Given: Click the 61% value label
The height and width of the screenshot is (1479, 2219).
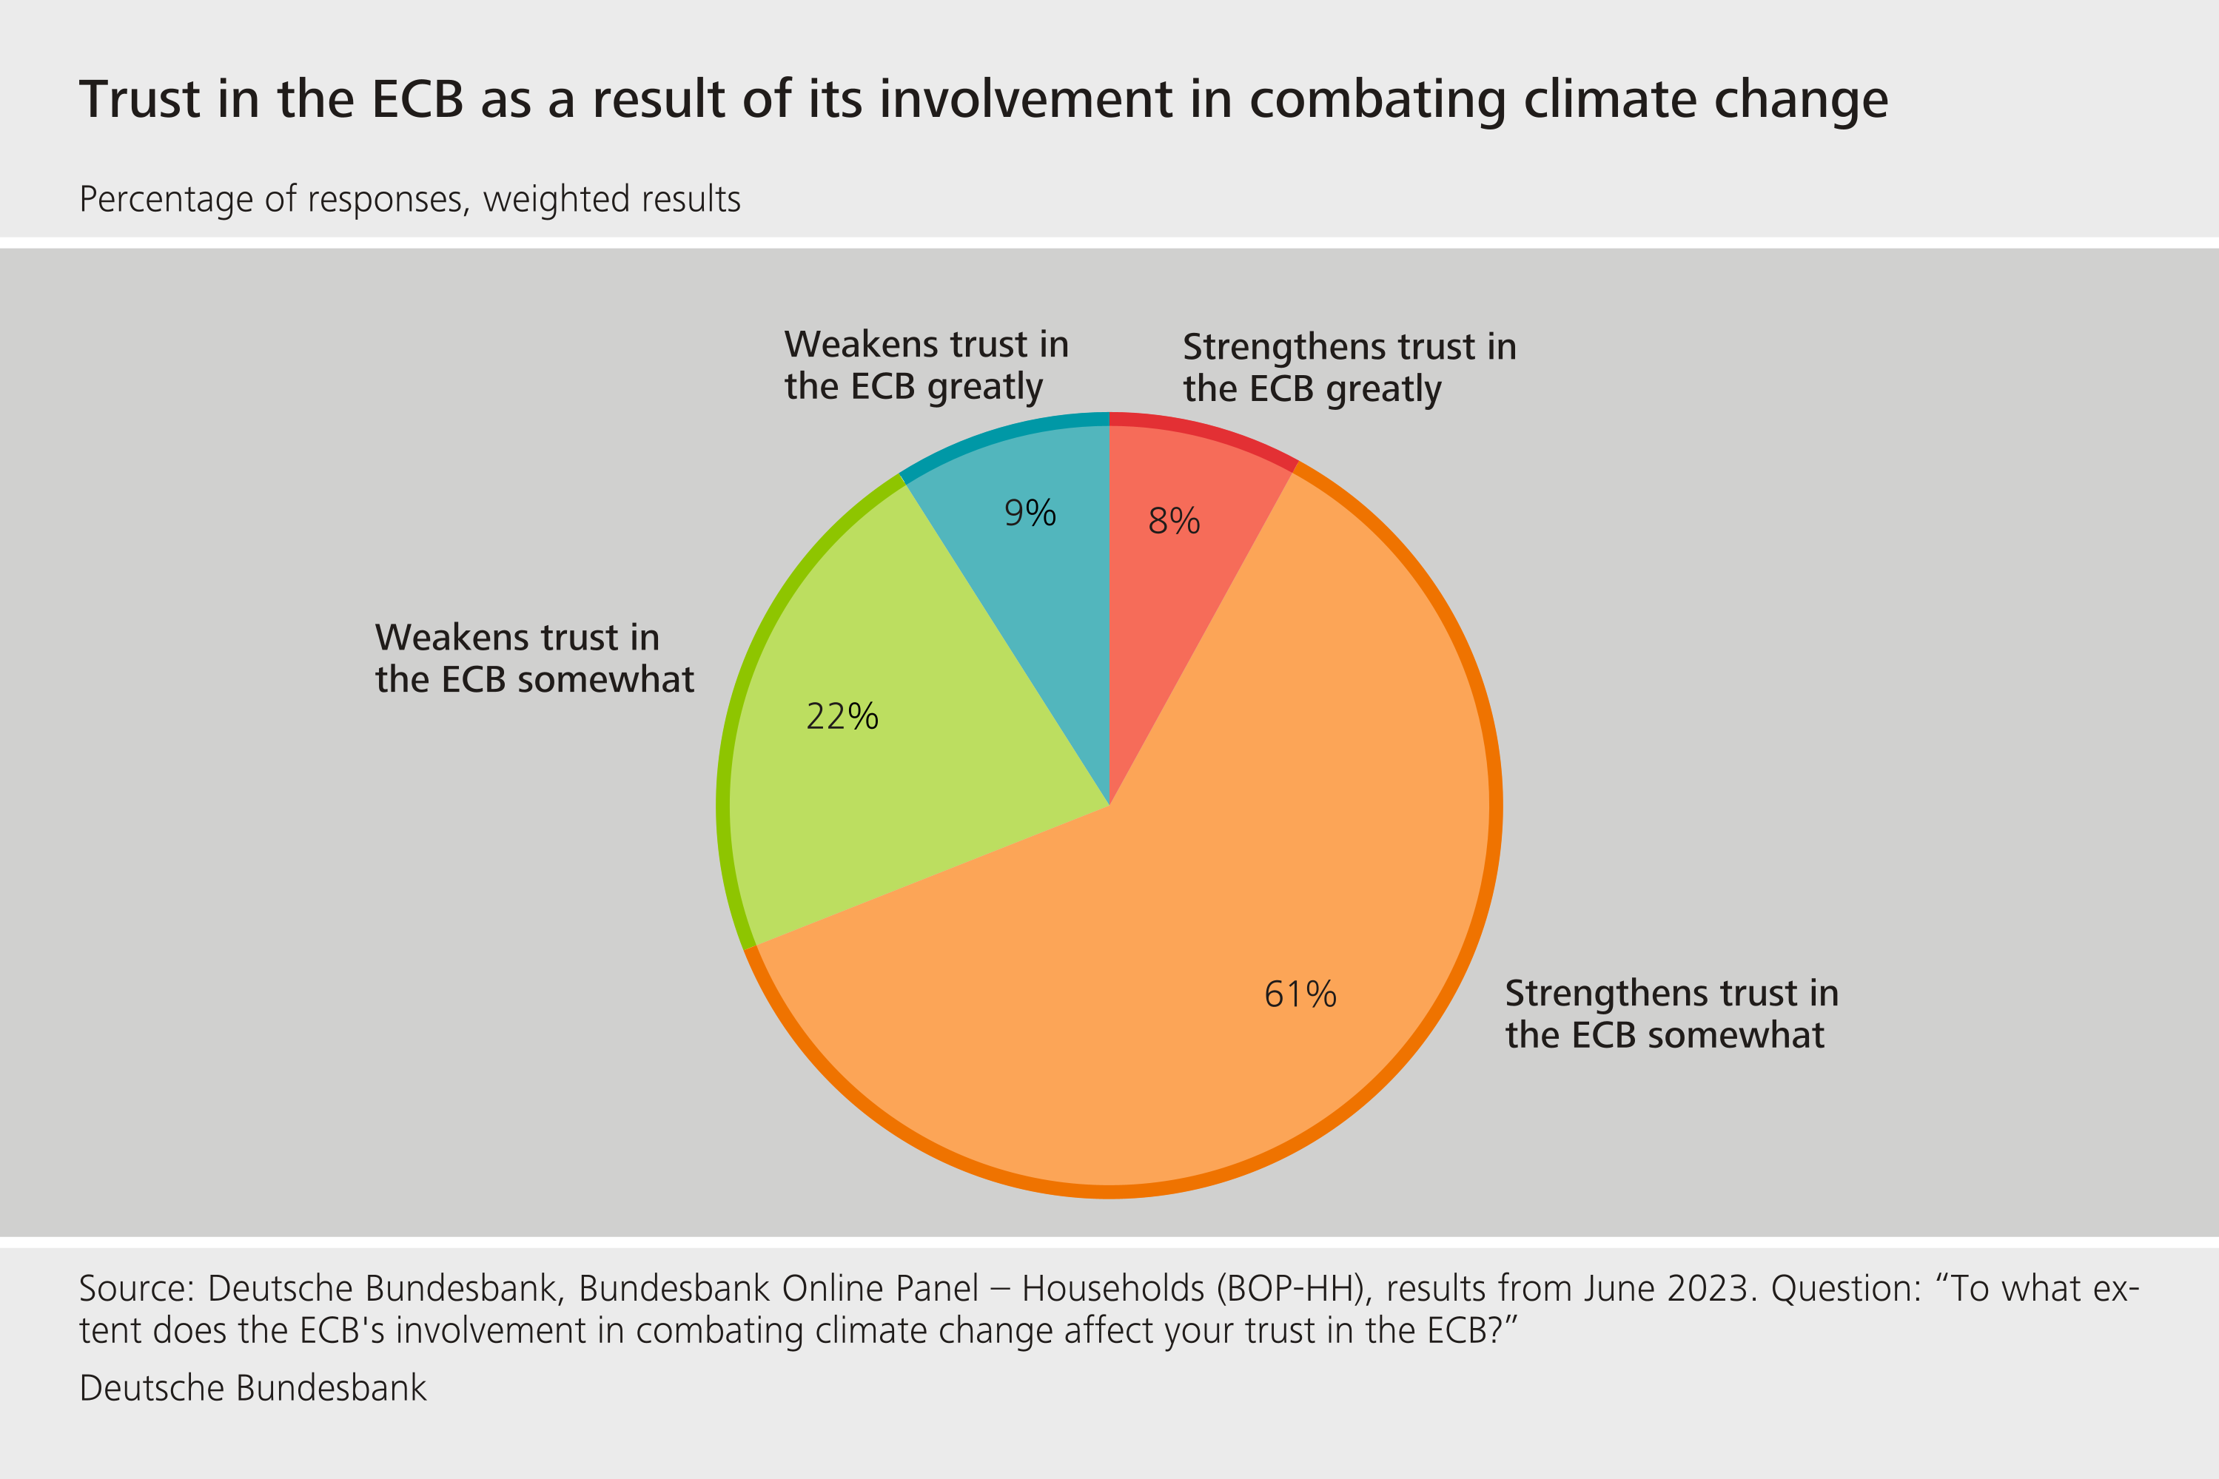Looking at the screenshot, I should click(x=1300, y=995).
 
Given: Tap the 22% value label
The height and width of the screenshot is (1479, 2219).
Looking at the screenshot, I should click(x=842, y=717).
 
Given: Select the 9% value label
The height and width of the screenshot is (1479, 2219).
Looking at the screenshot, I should click(x=1030, y=513).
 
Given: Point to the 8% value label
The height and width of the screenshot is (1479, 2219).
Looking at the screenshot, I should click(x=1174, y=521).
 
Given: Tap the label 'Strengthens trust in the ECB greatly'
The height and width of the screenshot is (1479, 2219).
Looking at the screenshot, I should click(x=1349, y=368).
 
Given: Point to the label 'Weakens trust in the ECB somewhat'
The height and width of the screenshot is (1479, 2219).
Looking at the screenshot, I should click(x=534, y=658).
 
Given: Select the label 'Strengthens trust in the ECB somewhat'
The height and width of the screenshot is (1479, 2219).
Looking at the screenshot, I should click(x=1671, y=1014).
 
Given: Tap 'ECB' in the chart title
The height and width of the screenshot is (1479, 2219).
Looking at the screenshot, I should click(x=418, y=100).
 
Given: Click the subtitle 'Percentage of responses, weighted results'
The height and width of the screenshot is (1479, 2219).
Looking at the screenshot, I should click(x=409, y=200).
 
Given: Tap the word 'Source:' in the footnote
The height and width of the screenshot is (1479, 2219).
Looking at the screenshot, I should click(x=137, y=1288).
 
